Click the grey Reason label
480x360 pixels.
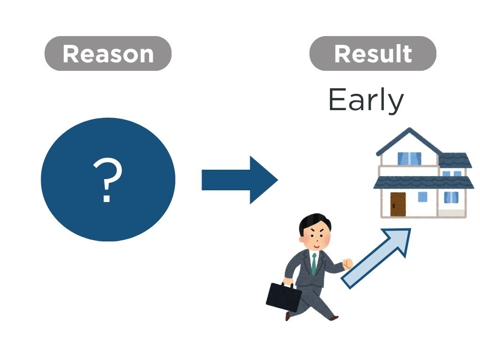pyautogui.click(x=108, y=53)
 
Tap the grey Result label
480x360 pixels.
pyautogui.click(x=373, y=53)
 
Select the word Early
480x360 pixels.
pyautogui.click(x=366, y=100)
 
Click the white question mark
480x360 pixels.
pyautogui.click(x=107, y=180)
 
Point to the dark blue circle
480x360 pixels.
pyautogui.click(x=108, y=180)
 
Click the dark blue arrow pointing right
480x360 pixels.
pyautogui.click(x=240, y=180)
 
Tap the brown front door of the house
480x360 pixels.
pyautogui.click(x=398, y=204)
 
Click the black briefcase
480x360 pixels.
pyautogui.click(x=284, y=297)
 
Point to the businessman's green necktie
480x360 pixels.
pyautogui.click(x=314, y=264)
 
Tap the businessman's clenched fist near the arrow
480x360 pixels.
pyautogui.click(x=347, y=264)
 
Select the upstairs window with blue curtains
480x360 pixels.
pyautogui.click(x=409, y=158)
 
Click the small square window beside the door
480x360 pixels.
pyautogui.click(x=422, y=197)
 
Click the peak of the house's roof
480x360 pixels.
pyautogui.click(x=409, y=128)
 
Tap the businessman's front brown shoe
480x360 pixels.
pyautogui.click(x=333, y=318)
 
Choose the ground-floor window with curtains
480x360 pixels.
pyautogui.click(x=451, y=197)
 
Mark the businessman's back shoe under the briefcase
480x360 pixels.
pyautogui.click(x=288, y=316)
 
